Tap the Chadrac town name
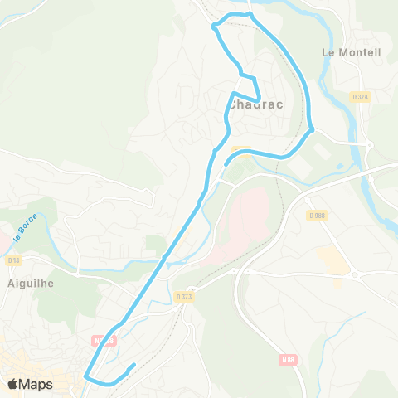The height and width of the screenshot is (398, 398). point(258,104)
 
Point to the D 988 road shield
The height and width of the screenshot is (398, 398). point(318,216)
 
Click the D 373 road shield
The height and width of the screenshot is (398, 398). point(185,296)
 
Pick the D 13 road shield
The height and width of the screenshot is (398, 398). point(13,260)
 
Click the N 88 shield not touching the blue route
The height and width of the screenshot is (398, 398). point(288,359)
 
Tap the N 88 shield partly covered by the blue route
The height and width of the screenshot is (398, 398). point(102,340)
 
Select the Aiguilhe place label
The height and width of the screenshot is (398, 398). point(31,283)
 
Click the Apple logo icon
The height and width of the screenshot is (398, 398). point(12,384)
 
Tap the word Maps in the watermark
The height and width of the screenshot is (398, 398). point(36,384)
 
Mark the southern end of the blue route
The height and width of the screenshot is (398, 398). point(133,364)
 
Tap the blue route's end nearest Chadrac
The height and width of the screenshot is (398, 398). point(226,163)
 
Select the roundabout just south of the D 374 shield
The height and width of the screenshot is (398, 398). point(368,143)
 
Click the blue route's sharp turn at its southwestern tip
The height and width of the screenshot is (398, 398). point(85,377)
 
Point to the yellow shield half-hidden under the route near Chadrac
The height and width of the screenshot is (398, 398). point(240,150)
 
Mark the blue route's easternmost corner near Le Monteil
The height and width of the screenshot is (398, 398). point(312,129)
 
